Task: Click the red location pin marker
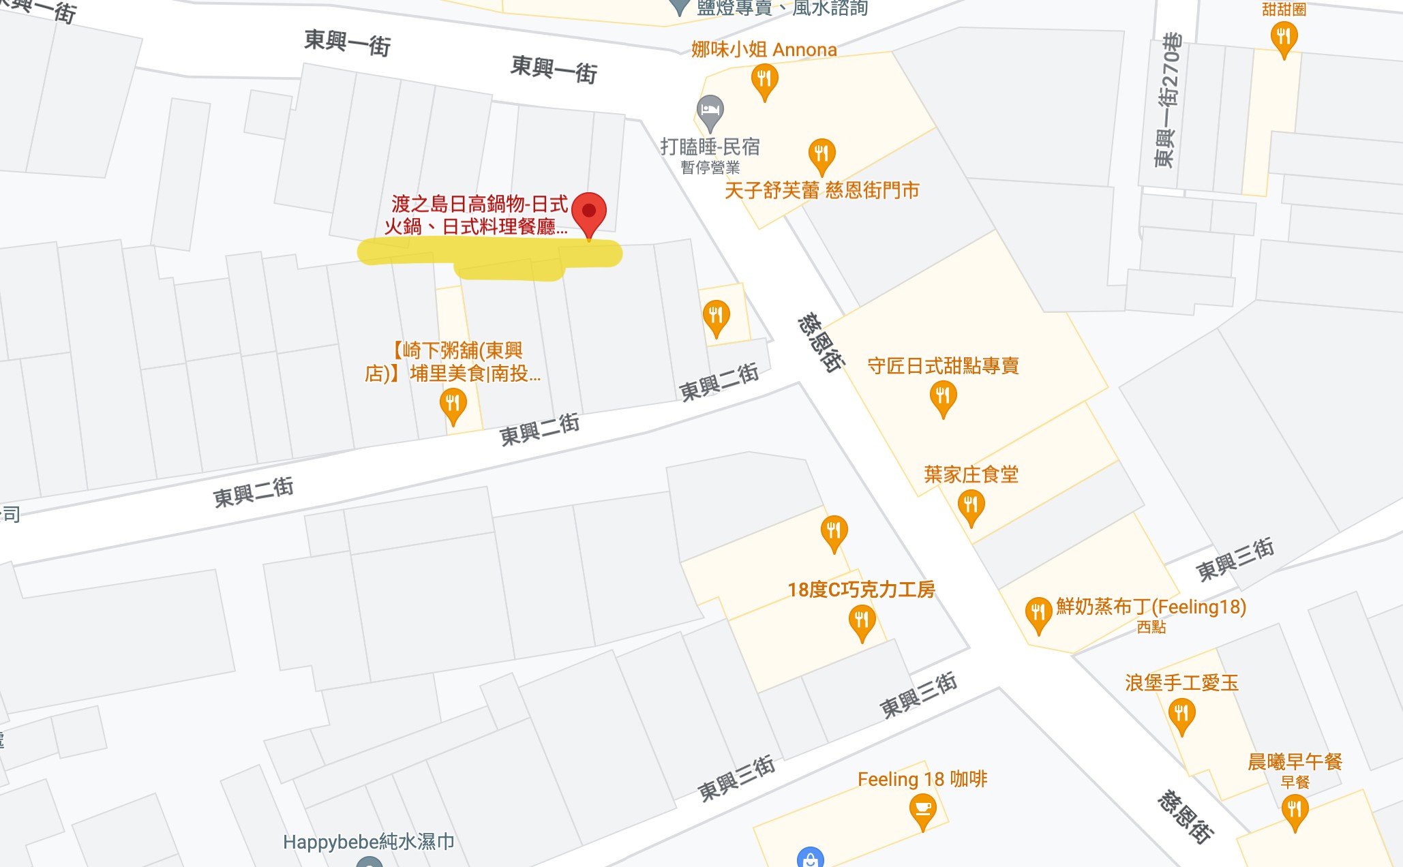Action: pos(589,213)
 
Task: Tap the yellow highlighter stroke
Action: pos(489,256)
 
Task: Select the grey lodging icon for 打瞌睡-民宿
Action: pos(710,111)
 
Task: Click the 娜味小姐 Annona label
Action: pos(764,50)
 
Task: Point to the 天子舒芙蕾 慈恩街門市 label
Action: pos(821,190)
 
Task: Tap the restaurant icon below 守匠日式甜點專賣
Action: pos(943,397)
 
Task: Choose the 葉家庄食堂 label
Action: pos(971,474)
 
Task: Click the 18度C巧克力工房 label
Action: pos(861,590)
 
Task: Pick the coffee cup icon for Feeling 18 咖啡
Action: pos(922,810)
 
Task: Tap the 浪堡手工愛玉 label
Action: pos(1181,683)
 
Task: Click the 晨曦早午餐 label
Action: pos(1295,761)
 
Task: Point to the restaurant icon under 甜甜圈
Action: pos(1284,37)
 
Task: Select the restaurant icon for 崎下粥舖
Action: pos(453,404)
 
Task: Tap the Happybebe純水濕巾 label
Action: pos(368,842)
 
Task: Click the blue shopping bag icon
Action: pos(810,858)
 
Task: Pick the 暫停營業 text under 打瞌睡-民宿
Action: pos(710,168)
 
